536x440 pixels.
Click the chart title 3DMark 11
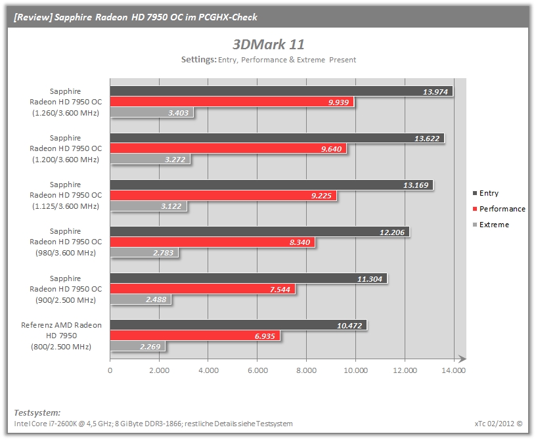coord(269,45)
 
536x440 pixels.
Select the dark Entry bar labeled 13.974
coord(281,91)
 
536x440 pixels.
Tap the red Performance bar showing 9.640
coord(229,148)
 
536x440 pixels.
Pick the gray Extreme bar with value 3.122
coord(148,206)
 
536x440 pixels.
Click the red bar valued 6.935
coord(195,336)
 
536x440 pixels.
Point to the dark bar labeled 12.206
coord(260,232)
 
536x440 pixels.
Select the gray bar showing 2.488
coord(141,299)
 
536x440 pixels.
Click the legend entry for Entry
coord(486,193)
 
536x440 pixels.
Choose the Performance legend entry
coord(499,209)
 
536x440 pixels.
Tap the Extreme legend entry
coord(491,225)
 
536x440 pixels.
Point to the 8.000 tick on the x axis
coord(306,370)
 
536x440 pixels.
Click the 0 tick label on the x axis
coord(110,370)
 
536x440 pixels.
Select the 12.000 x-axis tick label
coord(405,370)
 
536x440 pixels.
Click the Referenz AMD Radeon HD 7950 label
coord(61,336)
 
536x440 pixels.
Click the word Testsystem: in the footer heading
coord(37,412)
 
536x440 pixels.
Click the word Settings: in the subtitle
coord(198,60)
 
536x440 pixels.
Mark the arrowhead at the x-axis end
coord(462,359)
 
